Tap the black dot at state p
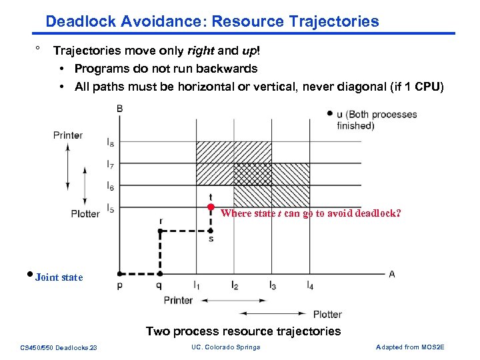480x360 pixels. [119, 273]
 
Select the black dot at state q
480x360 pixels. [160, 273]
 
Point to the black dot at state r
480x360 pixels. [160, 231]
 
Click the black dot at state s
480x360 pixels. [211, 231]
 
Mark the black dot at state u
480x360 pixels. [330, 114]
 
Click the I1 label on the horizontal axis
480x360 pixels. [197, 285]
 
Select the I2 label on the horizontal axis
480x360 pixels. [235, 285]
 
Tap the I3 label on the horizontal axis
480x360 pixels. [273, 285]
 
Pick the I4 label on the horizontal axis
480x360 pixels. [310, 285]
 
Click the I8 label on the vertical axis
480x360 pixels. [110, 141]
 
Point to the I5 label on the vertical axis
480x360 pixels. [110, 209]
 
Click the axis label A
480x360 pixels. [392, 273]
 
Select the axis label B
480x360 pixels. [119, 109]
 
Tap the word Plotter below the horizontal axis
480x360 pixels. [327, 314]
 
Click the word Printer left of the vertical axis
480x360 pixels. [68, 135]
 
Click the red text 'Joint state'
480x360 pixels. [59, 277]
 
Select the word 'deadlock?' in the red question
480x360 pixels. [378, 214]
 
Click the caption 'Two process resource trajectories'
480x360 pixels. [243, 331]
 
